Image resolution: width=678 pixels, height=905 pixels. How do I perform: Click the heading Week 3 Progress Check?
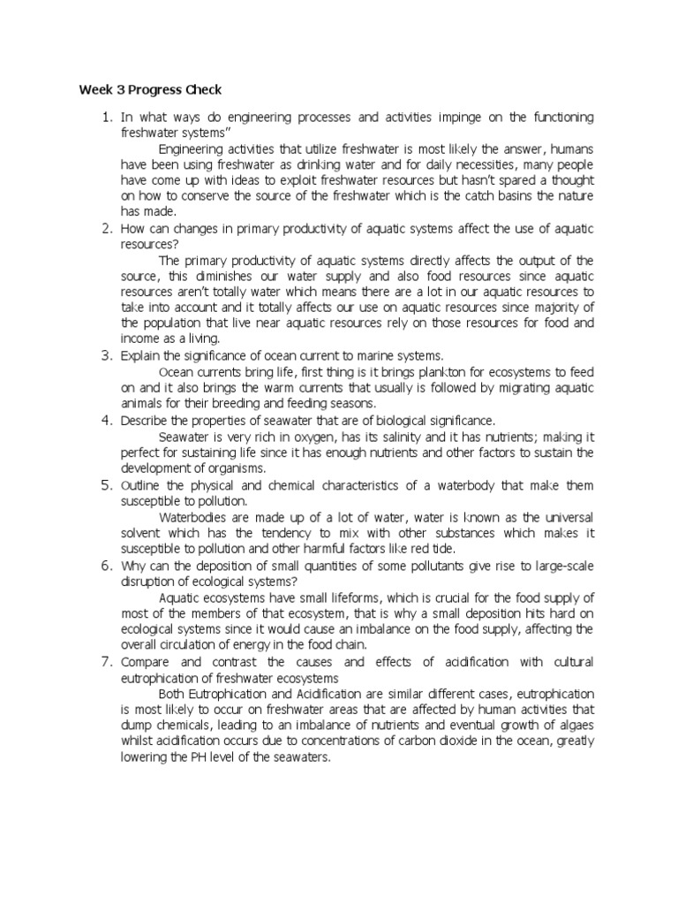(150, 89)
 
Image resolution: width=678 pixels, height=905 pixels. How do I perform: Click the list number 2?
(105, 228)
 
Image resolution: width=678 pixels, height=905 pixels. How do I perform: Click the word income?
(138, 339)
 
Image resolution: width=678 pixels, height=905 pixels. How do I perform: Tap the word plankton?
(378, 371)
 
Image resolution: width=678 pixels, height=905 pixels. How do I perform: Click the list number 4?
(105, 419)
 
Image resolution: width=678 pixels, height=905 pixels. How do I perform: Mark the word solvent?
(142, 533)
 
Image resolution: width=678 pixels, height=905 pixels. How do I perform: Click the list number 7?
(105, 660)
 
